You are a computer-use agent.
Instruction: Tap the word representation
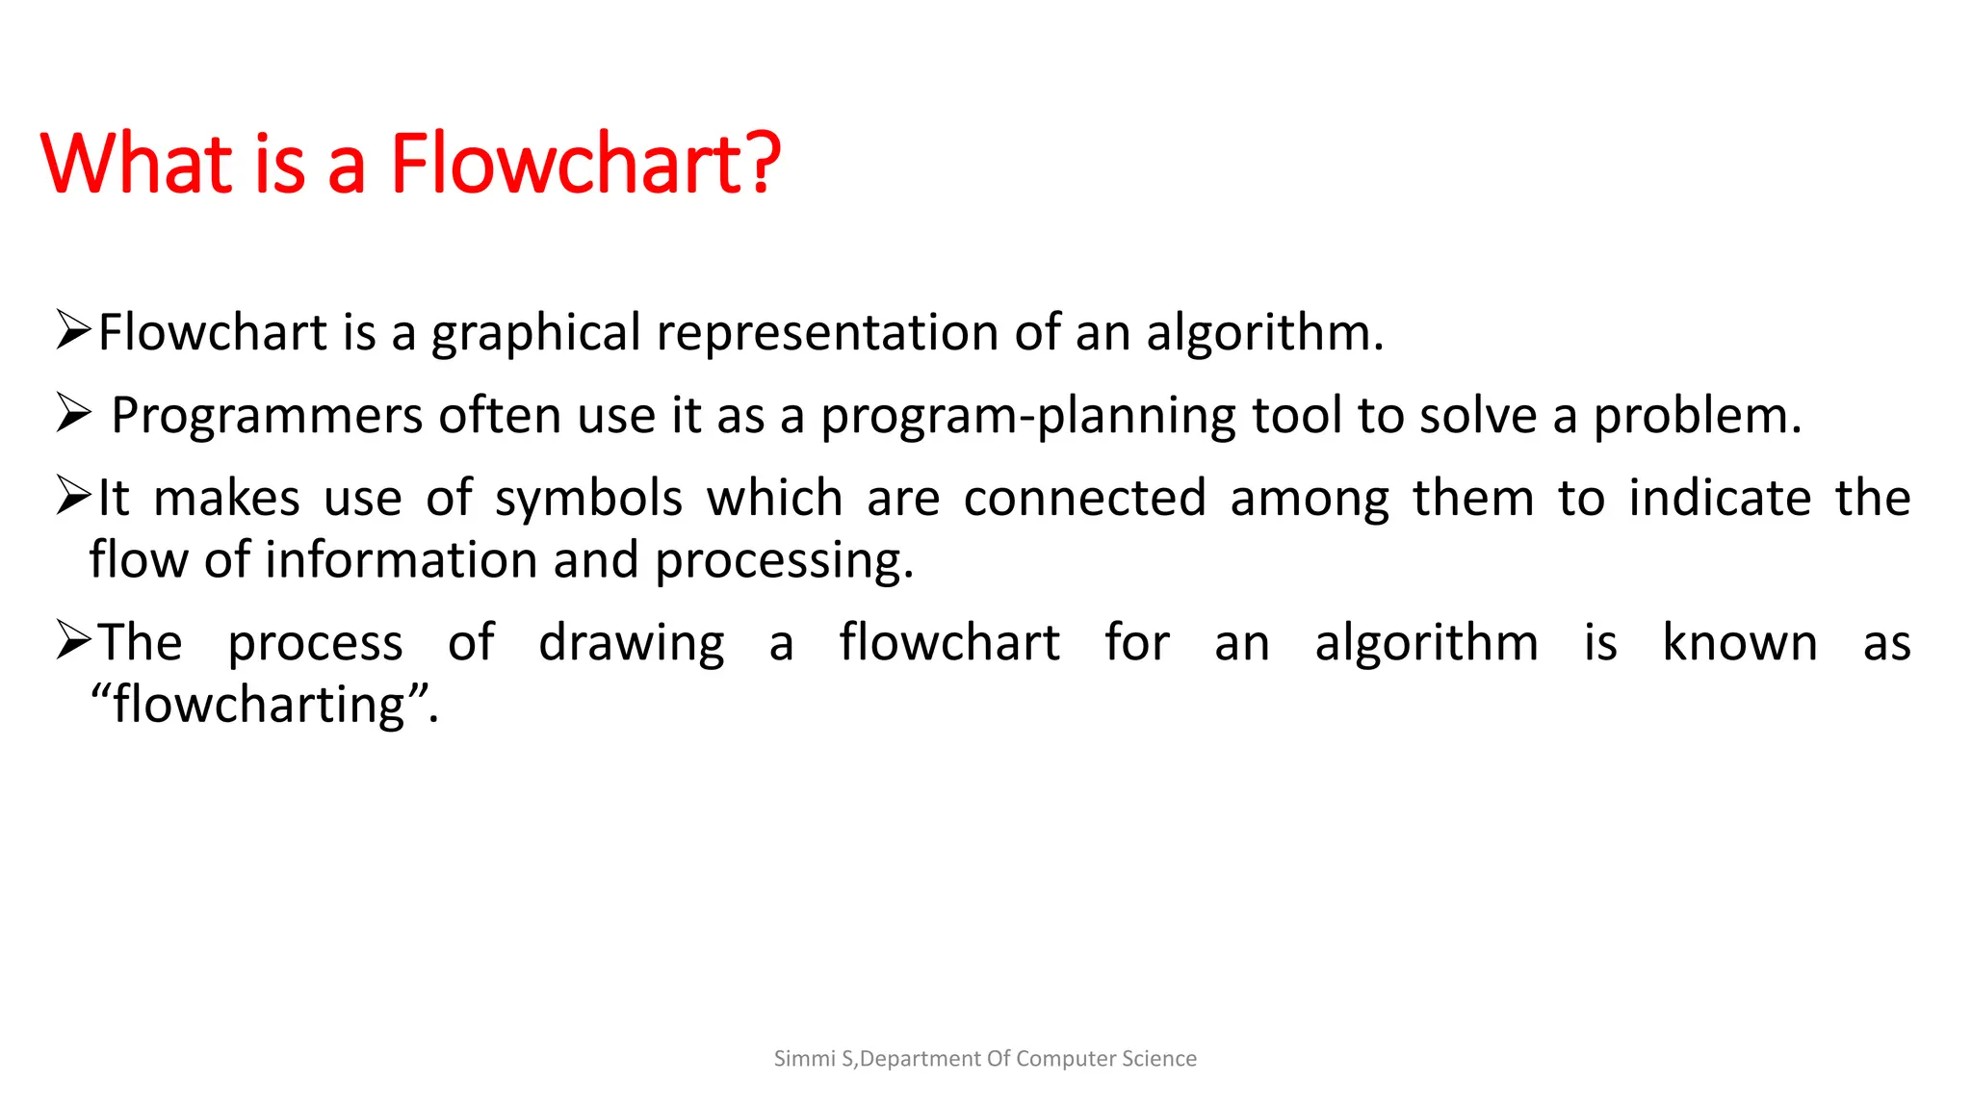click(x=827, y=333)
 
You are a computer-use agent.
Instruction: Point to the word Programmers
click(x=267, y=416)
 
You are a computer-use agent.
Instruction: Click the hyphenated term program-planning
click(x=1027, y=416)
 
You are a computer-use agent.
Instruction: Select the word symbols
click(x=588, y=499)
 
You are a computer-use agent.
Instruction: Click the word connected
click(x=1084, y=499)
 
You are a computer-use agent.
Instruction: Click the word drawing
click(x=631, y=643)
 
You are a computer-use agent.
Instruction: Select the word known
click(x=1739, y=643)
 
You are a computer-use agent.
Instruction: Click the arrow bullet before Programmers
click(x=73, y=414)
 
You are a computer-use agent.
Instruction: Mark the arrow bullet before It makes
click(x=73, y=496)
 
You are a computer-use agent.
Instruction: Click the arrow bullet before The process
click(x=73, y=640)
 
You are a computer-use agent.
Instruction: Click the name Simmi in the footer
click(x=805, y=1059)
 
